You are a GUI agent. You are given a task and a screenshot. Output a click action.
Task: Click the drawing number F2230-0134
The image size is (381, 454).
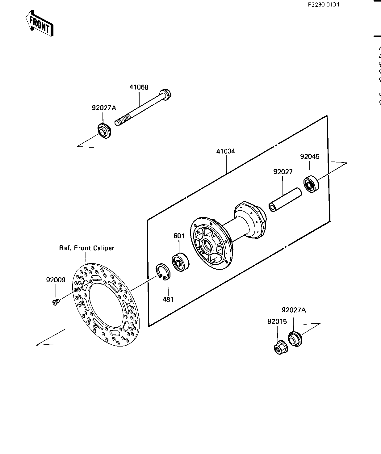point(323,5)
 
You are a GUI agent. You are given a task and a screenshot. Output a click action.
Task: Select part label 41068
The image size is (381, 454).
point(139,87)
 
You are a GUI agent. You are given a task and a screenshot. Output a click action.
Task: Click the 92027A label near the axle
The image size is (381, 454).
point(104,108)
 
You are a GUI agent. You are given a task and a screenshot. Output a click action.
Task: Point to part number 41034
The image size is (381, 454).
point(226,151)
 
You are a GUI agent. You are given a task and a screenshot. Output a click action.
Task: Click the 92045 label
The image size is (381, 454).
point(310,157)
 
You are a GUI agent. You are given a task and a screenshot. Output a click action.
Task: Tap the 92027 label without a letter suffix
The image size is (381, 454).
point(283,172)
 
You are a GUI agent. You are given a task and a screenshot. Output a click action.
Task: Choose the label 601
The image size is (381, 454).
point(179,236)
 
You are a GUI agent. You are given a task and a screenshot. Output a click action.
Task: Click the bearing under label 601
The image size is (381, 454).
point(180,262)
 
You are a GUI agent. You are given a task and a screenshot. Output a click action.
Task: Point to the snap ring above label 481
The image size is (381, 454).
point(162,272)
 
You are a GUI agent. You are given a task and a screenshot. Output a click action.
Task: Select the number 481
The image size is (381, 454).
point(168,299)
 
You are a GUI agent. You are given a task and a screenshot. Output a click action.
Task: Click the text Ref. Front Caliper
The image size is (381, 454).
point(86,248)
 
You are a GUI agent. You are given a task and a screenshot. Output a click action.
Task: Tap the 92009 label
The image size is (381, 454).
point(56,280)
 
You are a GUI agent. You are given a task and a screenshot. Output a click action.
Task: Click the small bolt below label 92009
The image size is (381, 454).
point(56,302)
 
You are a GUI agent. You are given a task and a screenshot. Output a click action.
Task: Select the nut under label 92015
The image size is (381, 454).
point(281,348)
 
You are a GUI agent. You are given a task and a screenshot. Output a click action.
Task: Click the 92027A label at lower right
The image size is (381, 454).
point(294,310)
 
